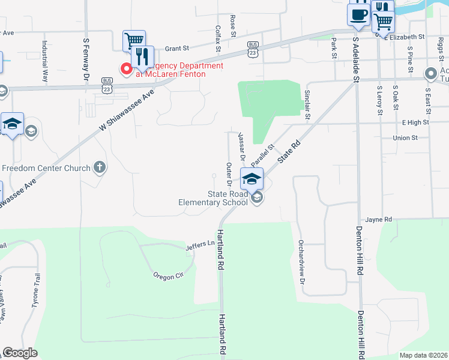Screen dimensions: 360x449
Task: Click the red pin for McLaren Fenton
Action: (x=127, y=70)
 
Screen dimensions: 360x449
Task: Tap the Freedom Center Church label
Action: (x=46, y=168)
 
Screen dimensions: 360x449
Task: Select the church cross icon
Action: (x=100, y=167)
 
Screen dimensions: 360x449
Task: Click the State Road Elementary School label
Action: (x=228, y=198)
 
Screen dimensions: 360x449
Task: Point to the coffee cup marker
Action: (x=359, y=15)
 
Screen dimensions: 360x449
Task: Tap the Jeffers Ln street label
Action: (x=200, y=245)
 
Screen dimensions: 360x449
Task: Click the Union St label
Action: (x=405, y=138)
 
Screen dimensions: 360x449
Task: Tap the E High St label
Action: (x=415, y=122)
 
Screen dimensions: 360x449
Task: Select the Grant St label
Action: (x=176, y=47)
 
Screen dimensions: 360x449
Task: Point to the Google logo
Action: (x=20, y=353)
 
